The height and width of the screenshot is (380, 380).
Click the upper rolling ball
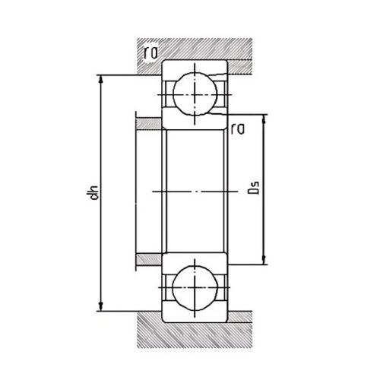pos(195,94)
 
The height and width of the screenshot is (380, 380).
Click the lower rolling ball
pos(195,288)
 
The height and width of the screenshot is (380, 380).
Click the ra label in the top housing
pos(151,52)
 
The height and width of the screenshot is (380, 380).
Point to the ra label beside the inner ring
pos(238,129)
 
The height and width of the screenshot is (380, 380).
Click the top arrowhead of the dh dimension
pos(101,79)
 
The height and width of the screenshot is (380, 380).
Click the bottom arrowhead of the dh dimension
pos(101,307)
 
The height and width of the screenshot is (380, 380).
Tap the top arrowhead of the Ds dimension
pos(264,119)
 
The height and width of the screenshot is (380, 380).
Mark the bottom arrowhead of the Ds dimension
pos(264,261)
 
